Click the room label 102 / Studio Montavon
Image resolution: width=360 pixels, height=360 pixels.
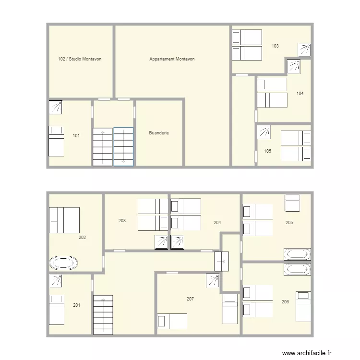click(79, 59)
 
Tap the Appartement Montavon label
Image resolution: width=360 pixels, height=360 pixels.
click(172, 59)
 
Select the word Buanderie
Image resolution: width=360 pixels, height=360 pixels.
click(159, 133)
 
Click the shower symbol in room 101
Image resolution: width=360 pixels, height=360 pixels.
click(56, 107)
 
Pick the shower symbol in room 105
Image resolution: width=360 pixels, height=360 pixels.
click(264, 132)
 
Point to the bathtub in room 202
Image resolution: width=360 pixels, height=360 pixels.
click(63, 263)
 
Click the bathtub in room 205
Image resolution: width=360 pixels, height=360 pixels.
click(297, 254)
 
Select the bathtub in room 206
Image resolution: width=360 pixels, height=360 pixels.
click(297, 269)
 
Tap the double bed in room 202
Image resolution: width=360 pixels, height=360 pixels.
click(64, 220)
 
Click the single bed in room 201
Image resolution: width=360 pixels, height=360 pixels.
click(57, 310)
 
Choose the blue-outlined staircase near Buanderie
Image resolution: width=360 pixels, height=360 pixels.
click(123, 146)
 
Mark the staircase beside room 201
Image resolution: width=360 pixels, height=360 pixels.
click(103, 315)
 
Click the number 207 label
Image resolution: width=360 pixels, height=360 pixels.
click(191, 299)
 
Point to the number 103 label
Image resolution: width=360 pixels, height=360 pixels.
click(275, 46)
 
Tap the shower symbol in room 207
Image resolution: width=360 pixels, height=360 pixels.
click(213, 281)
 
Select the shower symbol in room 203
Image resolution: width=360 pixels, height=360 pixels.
click(161, 243)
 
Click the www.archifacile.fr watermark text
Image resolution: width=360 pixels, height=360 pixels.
click(307, 353)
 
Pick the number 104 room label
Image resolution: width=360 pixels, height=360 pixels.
click(300, 93)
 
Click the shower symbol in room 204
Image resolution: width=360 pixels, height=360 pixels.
click(178, 243)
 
